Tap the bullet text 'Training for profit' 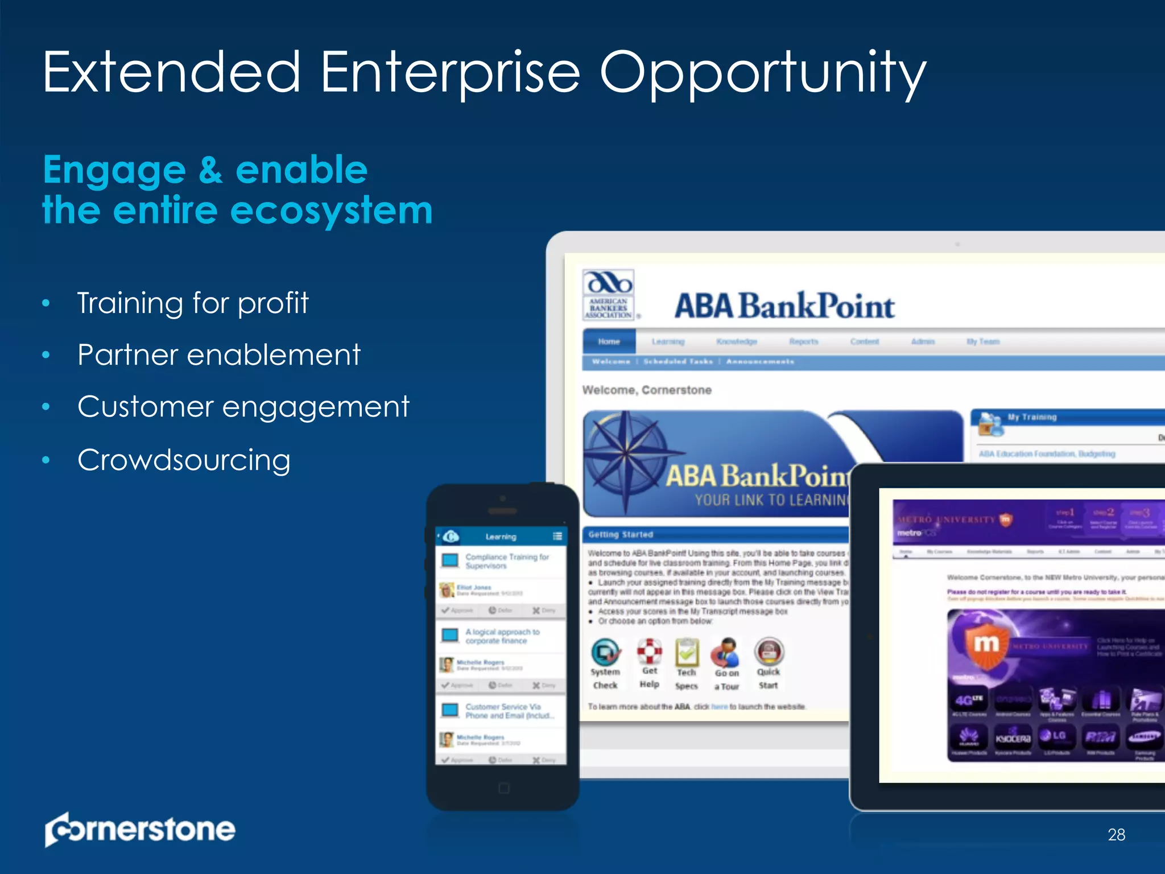(193, 303)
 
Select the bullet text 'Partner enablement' (219, 355)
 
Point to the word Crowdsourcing (184, 460)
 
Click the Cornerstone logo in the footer (140, 829)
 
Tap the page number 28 (1116, 835)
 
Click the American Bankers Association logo (609, 295)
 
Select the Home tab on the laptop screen (609, 341)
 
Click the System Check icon (605, 653)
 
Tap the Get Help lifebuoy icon (649, 652)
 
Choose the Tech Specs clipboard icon (687, 653)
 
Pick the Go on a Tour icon (726, 653)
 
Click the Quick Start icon (769, 652)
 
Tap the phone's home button (503, 788)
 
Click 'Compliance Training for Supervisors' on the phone (506, 561)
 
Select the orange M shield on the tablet (986, 645)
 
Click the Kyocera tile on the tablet (1013, 738)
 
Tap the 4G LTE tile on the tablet (969, 700)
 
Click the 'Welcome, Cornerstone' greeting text (647, 390)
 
